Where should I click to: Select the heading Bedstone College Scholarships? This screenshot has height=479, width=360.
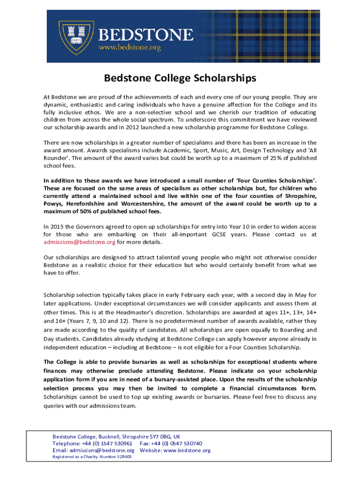pos(180,78)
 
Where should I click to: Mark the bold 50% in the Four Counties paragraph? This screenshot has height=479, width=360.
pos(58,211)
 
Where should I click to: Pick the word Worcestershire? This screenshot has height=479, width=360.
pos(140,203)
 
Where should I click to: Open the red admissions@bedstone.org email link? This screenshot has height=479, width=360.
pos(79,242)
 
